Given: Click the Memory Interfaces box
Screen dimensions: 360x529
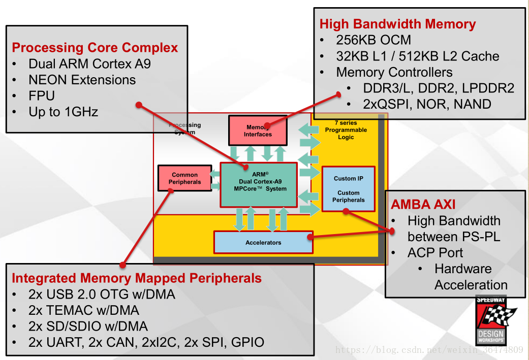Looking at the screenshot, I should (258, 130).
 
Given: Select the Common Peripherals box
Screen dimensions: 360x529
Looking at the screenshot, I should (184, 178).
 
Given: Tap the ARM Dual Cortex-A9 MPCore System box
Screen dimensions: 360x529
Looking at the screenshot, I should (259, 185).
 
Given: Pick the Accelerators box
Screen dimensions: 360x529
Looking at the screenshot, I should (263, 243).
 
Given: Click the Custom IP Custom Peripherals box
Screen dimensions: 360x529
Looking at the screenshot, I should (349, 189).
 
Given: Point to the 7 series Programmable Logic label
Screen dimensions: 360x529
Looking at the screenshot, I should (346, 130).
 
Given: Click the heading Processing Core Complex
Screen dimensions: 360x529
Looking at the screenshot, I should (95, 48).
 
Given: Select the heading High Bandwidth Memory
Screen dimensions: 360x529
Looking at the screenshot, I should (397, 24).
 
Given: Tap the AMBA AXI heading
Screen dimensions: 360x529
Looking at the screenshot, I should (423, 205).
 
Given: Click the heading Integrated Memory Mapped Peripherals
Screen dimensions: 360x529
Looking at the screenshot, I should (137, 278).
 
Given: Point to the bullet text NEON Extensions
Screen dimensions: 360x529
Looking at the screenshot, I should (82, 80).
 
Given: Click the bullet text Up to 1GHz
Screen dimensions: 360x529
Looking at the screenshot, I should (64, 112).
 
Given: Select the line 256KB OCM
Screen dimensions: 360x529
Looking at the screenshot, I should (374, 40).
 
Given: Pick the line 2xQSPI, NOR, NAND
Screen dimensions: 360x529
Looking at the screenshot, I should (427, 104).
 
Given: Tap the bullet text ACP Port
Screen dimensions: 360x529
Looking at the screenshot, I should (435, 252).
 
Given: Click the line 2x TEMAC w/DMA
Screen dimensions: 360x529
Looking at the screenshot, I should (84, 310).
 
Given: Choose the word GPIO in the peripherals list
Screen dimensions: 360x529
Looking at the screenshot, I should (247, 342).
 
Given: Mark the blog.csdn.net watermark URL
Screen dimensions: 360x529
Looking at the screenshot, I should (429, 350).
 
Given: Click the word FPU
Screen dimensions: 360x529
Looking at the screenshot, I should (42, 95).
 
